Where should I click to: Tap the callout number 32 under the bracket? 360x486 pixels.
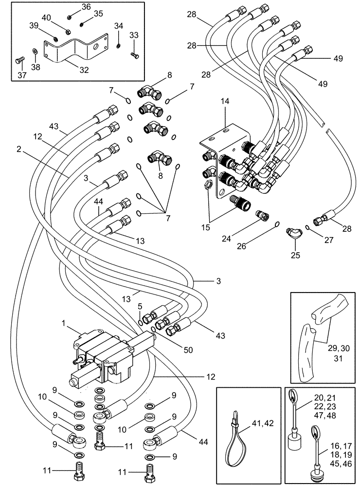pos(84,70)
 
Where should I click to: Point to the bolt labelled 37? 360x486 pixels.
pos(19,61)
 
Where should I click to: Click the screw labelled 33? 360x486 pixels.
pos(135,55)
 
